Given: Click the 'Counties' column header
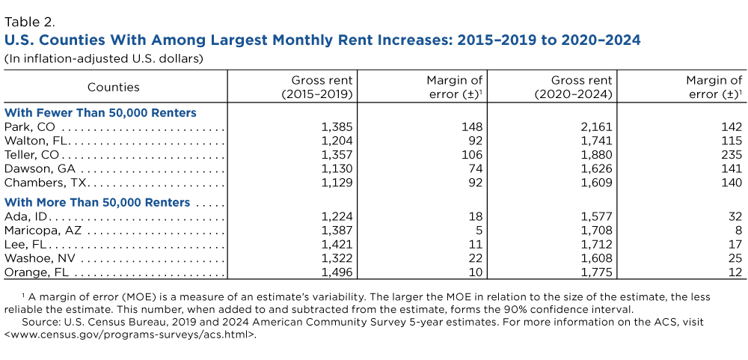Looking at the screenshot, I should click(x=113, y=87).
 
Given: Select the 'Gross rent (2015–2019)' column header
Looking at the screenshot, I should click(x=316, y=87).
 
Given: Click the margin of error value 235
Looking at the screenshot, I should click(x=731, y=154).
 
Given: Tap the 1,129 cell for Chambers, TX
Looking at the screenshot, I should click(x=336, y=183).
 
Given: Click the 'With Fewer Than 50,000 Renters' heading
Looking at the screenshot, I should click(x=100, y=112).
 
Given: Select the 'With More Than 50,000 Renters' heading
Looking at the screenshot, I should click(x=97, y=202).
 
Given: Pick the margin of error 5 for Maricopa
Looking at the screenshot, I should click(x=479, y=231).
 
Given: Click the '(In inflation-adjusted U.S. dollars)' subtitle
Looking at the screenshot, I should click(x=104, y=58).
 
